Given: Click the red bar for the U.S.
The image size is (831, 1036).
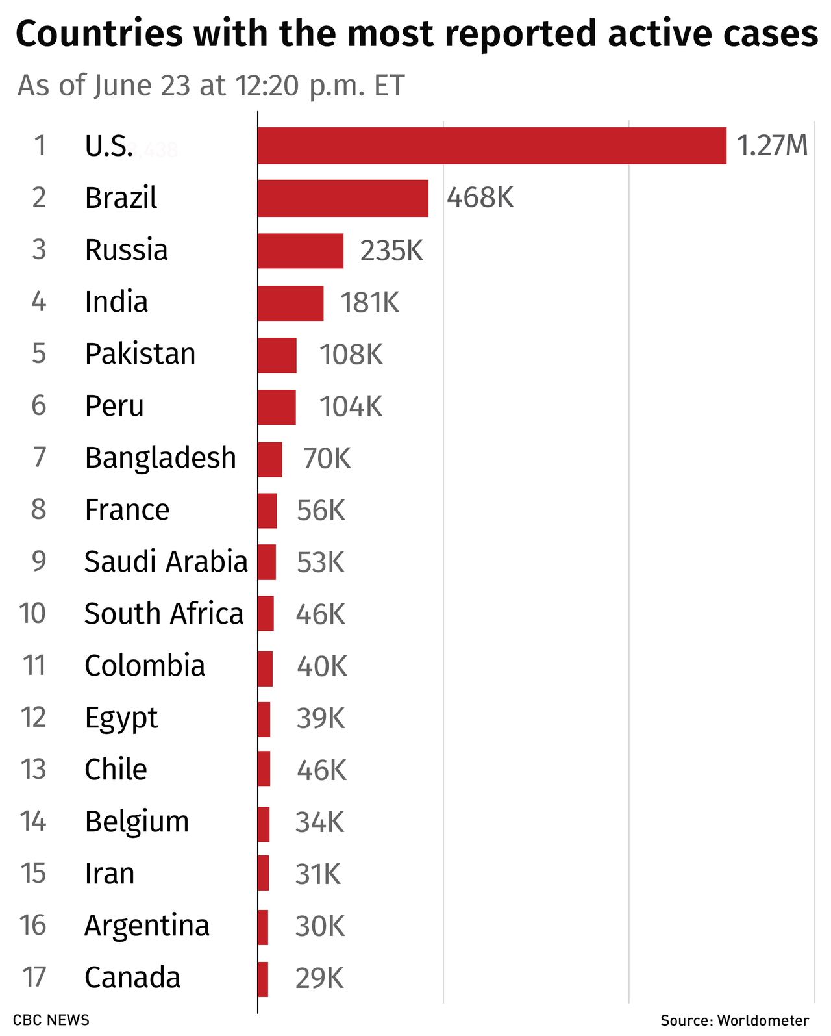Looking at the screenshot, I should coord(491,145).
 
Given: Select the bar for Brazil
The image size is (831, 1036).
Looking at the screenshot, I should coord(343,198).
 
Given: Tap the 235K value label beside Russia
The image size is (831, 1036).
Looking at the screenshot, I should coord(391,251).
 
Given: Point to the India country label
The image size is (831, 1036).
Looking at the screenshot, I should coord(116,302).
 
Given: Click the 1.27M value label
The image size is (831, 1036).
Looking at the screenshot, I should coord(772,145).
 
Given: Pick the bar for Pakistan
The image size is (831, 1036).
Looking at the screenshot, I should coord(277,355).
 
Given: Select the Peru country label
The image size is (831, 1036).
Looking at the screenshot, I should coord(114,406).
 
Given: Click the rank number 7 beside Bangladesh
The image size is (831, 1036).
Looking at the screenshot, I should coord(39,458).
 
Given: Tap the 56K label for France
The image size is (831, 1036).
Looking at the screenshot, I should coord(321,511).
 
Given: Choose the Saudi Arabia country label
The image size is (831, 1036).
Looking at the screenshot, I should coord(166,562).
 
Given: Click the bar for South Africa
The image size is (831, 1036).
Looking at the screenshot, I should coord(266,614).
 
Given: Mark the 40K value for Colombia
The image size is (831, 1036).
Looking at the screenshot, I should coord(322,666).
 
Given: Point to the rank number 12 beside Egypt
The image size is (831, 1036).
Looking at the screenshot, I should coord(33,718).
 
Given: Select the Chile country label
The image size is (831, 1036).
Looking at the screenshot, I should coord(116,770).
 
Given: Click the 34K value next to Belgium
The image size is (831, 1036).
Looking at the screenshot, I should coord(319,822).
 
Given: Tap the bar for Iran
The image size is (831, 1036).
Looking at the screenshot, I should coord(264,873).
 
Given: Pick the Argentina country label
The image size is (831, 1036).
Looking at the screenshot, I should coord(147,926).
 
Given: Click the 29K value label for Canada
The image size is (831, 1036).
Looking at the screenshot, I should coord(319,978).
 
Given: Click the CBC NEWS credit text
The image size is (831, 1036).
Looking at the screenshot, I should coord(51,1020).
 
